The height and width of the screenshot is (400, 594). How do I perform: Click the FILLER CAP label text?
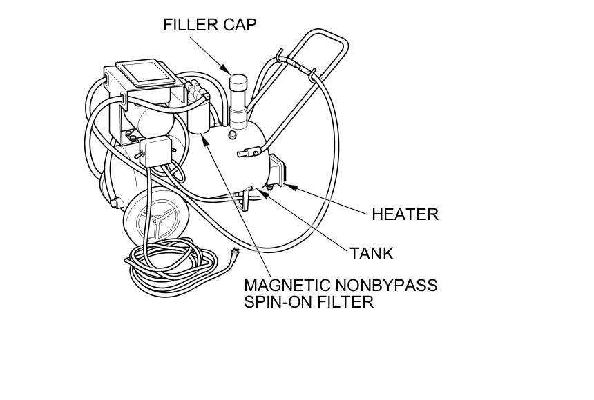(x=209, y=25)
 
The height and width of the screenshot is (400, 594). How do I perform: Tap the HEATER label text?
(x=405, y=214)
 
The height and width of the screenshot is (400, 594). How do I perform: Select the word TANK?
(x=371, y=253)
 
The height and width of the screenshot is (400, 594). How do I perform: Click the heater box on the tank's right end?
(x=278, y=172)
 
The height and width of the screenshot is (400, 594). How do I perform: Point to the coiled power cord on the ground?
(x=173, y=263)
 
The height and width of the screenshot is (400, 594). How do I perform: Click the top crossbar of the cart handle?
(x=324, y=34)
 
